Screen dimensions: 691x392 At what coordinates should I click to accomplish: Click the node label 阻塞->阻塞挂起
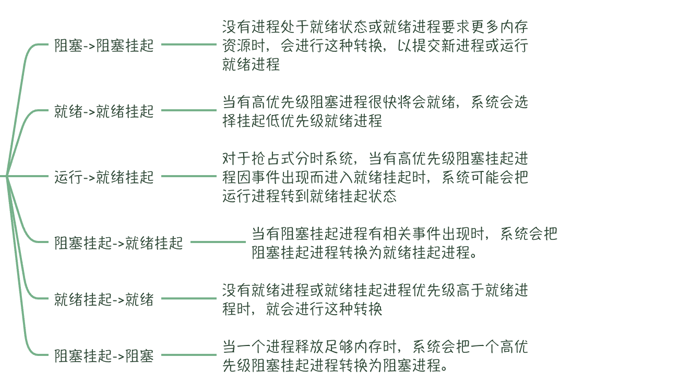pyautogui.click(x=104, y=45)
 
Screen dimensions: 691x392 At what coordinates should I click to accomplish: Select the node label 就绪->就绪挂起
pyautogui.click(x=104, y=111)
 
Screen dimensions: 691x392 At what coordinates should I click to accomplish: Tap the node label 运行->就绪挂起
pyautogui.click(x=104, y=177)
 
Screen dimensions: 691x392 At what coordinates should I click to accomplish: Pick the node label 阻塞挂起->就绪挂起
pyautogui.click(x=118, y=243)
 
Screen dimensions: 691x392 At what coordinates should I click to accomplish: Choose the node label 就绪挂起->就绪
pyautogui.click(x=104, y=299)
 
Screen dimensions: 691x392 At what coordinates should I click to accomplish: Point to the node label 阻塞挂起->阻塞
pyautogui.click(x=104, y=356)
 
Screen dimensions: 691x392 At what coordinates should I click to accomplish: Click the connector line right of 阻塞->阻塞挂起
pyautogui.click(x=189, y=44)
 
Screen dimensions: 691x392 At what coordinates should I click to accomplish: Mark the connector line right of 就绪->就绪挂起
pyautogui.click(x=189, y=110)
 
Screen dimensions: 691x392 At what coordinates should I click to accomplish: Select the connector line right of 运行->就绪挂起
pyautogui.click(x=189, y=176)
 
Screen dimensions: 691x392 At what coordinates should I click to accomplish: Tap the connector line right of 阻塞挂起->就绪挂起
pyautogui.click(x=218, y=242)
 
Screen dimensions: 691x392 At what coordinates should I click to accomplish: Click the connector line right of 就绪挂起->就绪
pyautogui.click(x=189, y=298)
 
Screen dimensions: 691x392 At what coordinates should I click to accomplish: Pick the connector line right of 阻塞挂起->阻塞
pyautogui.click(x=189, y=355)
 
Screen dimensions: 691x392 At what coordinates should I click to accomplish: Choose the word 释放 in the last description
pyautogui.click(x=309, y=347)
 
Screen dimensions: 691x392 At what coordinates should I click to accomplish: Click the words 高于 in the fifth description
pyautogui.click(x=470, y=291)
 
